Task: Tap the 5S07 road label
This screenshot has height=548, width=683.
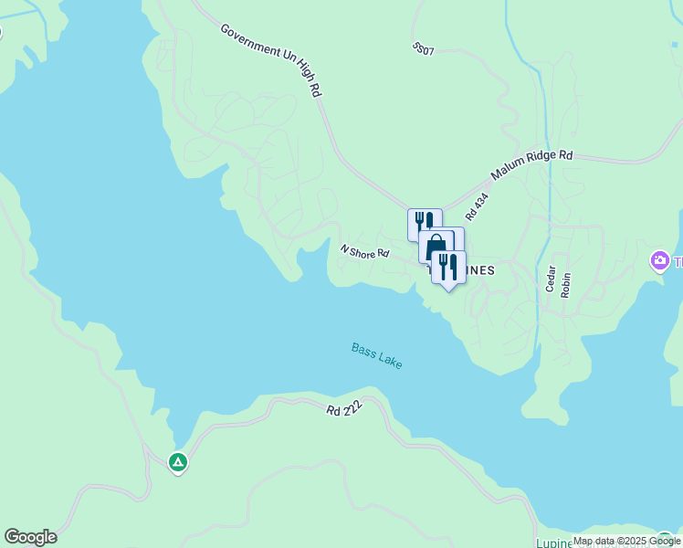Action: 423,48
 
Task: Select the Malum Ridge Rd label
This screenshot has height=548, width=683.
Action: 531,165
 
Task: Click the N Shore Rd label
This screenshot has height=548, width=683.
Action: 364,250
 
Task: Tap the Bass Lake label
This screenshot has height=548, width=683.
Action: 376,355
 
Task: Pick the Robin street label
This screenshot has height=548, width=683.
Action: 566,285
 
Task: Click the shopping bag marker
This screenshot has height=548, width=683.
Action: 436,248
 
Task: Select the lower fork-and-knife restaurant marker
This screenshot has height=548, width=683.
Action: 447,267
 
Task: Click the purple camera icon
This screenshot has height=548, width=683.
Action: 658,262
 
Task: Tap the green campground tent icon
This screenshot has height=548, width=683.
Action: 178,463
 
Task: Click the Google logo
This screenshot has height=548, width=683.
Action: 30,537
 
